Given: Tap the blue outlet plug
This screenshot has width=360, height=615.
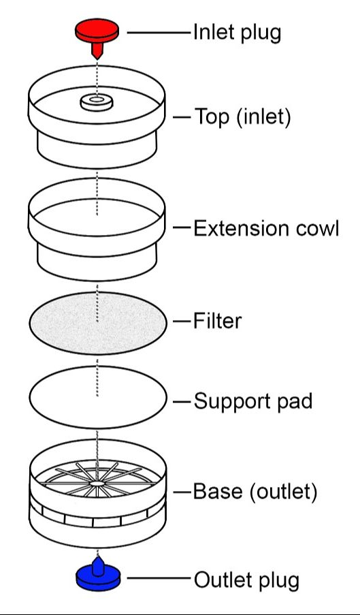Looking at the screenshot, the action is (98, 577).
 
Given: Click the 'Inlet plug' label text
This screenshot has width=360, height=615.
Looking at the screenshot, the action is (237, 33).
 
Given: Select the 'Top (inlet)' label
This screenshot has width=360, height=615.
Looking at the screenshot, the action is (243, 117).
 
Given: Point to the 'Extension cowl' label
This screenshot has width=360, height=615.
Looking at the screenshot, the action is (266, 228).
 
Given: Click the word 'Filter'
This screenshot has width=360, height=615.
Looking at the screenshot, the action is (217, 321).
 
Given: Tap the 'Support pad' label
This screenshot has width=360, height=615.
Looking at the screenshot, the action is (253, 401).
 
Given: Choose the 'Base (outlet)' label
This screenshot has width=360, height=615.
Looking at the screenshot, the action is (255, 492).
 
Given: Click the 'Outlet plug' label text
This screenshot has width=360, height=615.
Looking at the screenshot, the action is (247, 580).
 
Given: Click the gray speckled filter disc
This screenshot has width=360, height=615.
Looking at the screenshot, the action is (97, 323).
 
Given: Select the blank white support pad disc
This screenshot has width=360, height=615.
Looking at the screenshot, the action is (97, 397).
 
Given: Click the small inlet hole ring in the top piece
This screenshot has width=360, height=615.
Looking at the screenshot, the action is (97, 102).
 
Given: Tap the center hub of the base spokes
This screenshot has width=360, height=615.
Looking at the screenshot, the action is (97, 484).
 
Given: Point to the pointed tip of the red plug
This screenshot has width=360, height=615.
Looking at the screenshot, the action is (97, 59).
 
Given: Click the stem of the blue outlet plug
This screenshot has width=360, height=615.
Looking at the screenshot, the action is (98, 565).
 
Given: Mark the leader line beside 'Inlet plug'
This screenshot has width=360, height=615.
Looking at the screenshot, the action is (159, 33).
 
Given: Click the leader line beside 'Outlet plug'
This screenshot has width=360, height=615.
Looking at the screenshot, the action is (159, 578).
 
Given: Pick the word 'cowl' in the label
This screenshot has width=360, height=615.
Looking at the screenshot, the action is (317, 228).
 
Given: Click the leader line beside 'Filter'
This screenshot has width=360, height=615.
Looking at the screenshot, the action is (182, 321).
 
